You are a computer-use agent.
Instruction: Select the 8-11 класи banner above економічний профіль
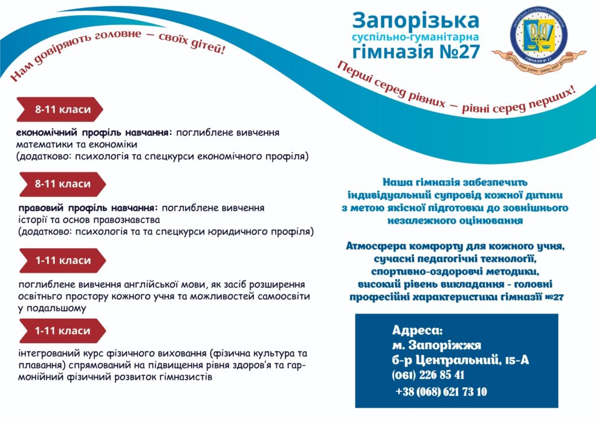click(60, 109)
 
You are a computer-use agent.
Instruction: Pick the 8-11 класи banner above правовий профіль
click(62, 184)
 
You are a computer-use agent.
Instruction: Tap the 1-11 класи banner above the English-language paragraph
click(62, 261)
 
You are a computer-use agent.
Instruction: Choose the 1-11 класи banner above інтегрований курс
click(62, 331)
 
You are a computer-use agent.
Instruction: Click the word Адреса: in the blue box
click(417, 330)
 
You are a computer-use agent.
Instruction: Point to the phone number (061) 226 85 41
click(428, 375)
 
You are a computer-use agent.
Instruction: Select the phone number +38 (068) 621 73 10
click(441, 392)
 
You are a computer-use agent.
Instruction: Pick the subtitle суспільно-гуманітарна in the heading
click(416, 37)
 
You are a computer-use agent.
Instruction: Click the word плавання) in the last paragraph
click(40, 365)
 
